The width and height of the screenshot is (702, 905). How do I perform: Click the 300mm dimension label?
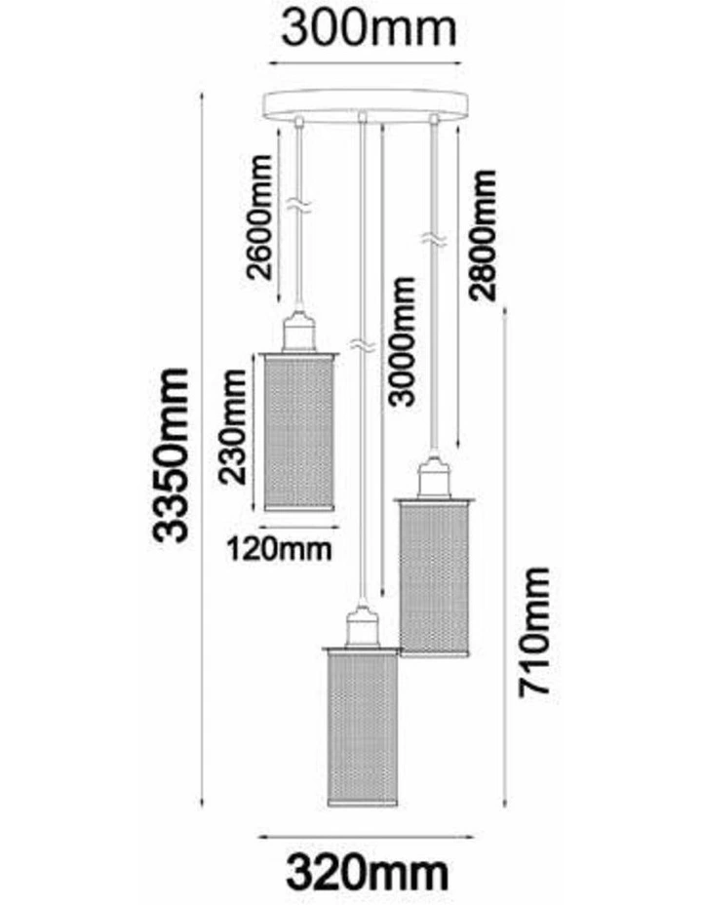pyautogui.click(x=369, y=29)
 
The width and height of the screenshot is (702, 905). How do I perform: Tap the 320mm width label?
pyautogui.click(x=368, y=873)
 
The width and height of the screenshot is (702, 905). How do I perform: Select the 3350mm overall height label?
pyautogui.click(x=171, y=455)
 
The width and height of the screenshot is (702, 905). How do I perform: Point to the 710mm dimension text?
pyautogui.click(x=534, y=632)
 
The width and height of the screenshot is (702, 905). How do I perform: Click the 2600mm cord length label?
pyautogui.click(x=259, y=217)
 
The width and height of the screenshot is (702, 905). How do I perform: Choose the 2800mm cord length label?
pyautogui.click(x=483, y=235)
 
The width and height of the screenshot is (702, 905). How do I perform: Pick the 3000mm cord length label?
pyautogui.click(x=402, y=342)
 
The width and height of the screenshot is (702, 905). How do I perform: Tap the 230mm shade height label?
pyautogui.click(x=234, y=428)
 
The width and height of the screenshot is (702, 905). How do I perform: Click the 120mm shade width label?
pyautogui.click(x=279, y=549)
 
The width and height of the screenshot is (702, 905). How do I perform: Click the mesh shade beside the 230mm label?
pyautogui.click(x=298, y=431)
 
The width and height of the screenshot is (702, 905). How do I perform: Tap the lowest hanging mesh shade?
pyautogui.click(x=361, y=728)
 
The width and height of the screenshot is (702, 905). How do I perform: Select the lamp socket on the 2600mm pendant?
pyautogui.click(x=298, y=333)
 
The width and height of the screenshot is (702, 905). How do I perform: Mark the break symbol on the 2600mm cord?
pyautogui.click(x=299, y=206)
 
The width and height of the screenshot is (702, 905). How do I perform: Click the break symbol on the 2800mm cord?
pyautogui.click(x=433, y=239)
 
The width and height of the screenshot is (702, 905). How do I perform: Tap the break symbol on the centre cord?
pyautogui.click(x=362, y=345)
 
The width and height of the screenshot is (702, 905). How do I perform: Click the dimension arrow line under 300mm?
pyautogui.click(x=367, y=63)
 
